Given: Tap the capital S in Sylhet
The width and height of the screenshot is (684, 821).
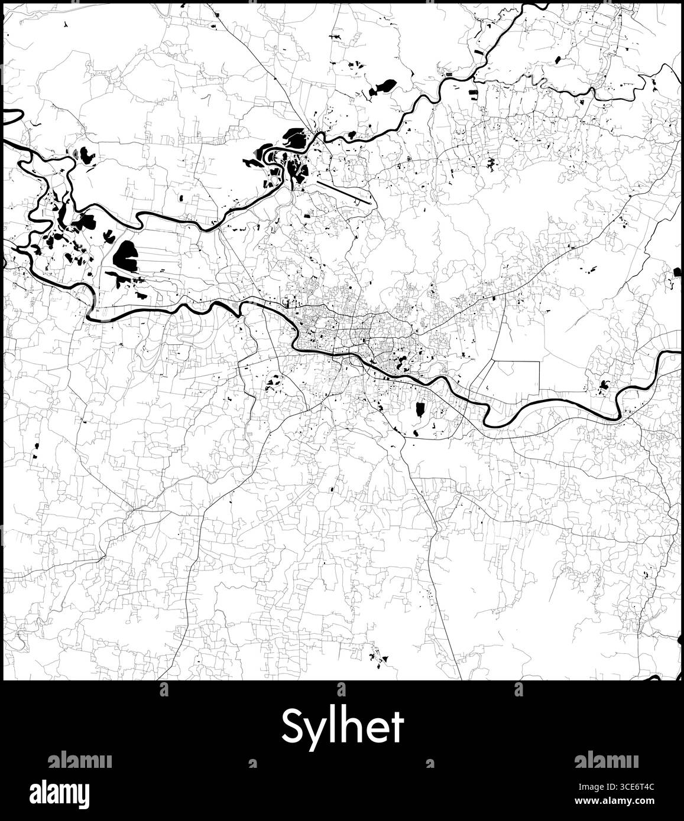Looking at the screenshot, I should click(292, 726).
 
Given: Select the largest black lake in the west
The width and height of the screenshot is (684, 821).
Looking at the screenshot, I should click(125, 255).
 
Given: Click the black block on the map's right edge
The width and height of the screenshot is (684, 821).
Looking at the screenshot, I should click(677, 272).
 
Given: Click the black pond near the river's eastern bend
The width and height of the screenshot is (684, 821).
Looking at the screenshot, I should click(604, 386).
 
